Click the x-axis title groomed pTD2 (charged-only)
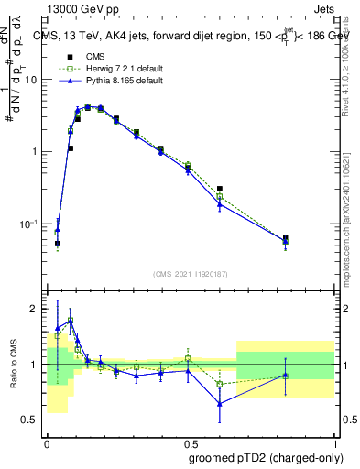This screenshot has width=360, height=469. (265, 458)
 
